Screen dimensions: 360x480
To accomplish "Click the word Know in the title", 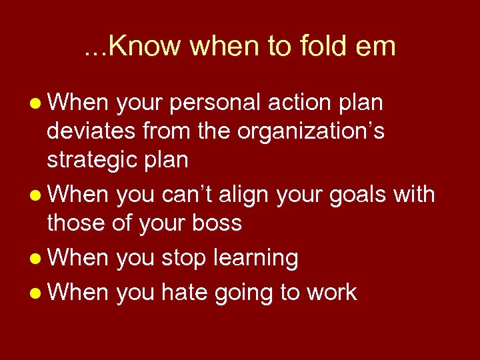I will [x=143, y=46].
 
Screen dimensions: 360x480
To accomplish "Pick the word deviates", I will [x=91, y=131].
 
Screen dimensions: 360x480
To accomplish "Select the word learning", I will [x=255, y=257].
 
